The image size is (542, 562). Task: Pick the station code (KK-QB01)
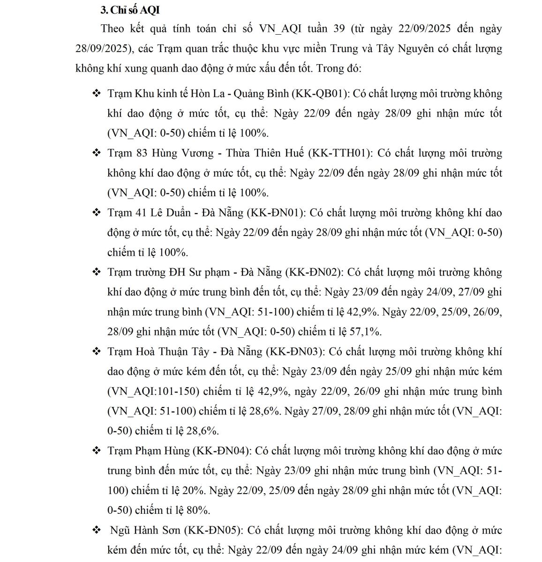point(320,94)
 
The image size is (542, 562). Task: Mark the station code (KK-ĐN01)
point(277,213)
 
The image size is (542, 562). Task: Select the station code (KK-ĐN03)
point(295,352)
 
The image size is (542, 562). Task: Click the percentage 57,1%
point(366,332)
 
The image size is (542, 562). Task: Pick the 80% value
point(199,510)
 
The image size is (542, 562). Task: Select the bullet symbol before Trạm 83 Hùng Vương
point(97,153)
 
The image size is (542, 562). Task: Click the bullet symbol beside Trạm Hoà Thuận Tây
point(97,352)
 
